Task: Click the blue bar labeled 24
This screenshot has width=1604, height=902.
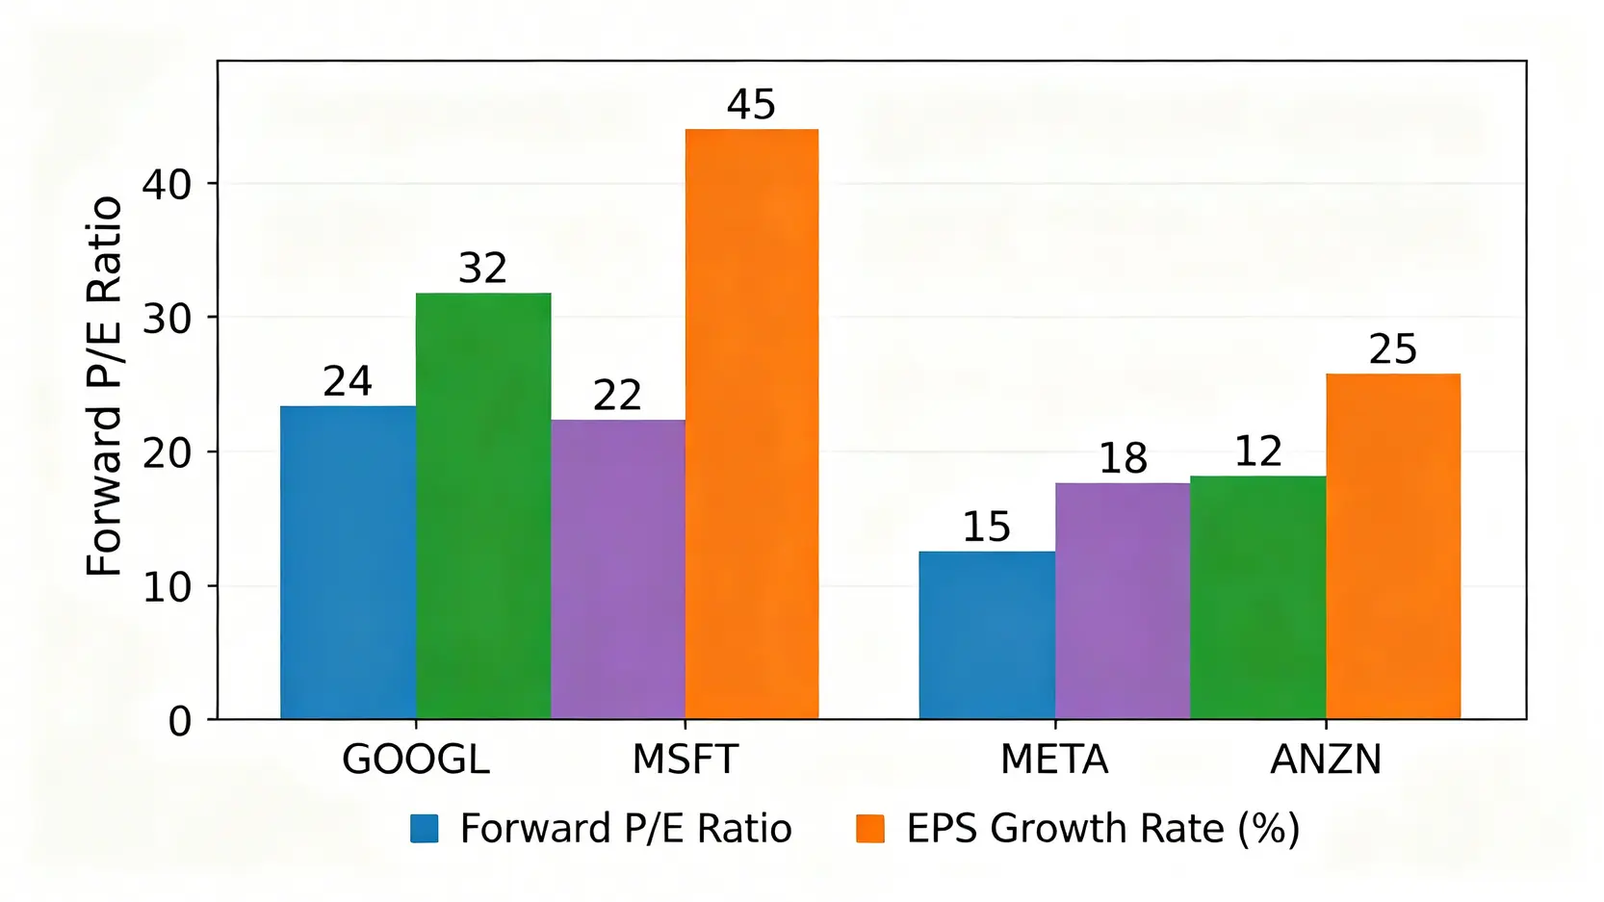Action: click(x=348, y=562)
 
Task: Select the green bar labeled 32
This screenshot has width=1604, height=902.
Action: click(x=483, y=505)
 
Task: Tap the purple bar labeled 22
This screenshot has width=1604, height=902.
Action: click(x=618, y=569)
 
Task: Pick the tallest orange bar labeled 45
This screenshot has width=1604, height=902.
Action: click(x=752, y=424)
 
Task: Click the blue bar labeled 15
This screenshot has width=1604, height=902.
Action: click(x=987, y=635)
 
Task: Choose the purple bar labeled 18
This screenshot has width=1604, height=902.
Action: click(x=1123, y=601)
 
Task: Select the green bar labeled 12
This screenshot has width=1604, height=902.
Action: click(x=1257, y=597)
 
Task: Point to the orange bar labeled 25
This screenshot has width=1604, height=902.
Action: click(x=1393, y=546)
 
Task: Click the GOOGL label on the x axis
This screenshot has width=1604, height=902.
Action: click(x=416, y=760)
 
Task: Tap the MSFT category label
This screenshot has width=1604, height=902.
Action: click(x=685, y=760)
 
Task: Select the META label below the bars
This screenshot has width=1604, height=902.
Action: click(x=1054, y=760)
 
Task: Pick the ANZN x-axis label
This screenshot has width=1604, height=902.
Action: click(x=1326, y=760)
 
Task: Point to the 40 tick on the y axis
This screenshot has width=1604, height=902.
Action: click(x=168, y=185)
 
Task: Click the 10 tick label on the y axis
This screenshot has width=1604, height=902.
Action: click(x=168, y=587)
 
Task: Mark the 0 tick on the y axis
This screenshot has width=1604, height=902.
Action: click(x=180, y=721)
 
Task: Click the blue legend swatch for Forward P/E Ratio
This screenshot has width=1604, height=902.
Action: click(x=425, y=829)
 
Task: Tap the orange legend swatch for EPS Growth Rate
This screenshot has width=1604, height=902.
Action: click(x=870, y=829)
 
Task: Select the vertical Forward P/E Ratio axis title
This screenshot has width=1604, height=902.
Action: click(x=104, y=386)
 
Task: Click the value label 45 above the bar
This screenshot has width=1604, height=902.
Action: click(x=751, y=104)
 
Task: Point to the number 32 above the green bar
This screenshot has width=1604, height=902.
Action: click(x=482, y=269)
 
